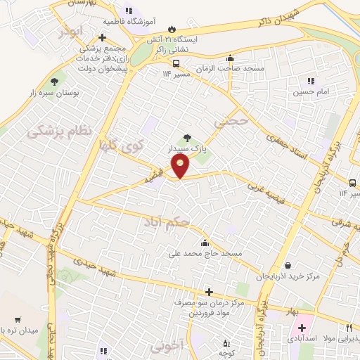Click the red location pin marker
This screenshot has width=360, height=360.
tap(181, 166)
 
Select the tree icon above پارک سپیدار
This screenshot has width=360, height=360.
tap(187, 139)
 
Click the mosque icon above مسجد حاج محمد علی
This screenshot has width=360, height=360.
tap(205, 243)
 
